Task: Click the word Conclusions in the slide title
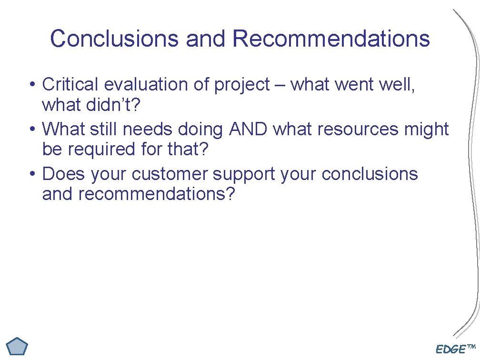[115, 39]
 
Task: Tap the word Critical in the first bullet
[70, 84]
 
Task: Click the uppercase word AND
[248, 129]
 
